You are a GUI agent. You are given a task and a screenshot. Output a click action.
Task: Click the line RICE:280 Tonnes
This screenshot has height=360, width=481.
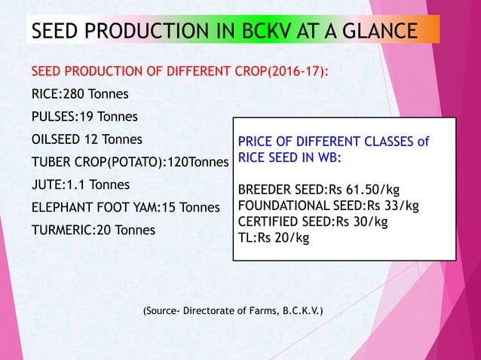pyautogui.click(x=79, y=94)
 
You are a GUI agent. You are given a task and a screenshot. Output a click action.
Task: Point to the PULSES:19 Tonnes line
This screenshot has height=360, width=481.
pyautogui.click(x=84, y=117)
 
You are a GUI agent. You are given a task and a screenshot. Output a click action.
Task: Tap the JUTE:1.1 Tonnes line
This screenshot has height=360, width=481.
pyautogui.click(x=80, y=185)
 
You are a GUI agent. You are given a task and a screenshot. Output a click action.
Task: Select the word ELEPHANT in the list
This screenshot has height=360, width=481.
pyautogui.click(x=65, y=207)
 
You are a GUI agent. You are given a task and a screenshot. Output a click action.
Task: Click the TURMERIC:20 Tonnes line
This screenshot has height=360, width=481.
pyautogui.click(x=93, y=230)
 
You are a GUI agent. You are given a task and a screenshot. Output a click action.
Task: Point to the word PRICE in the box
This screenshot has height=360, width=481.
pyautogui.click(x=256, y=142)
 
